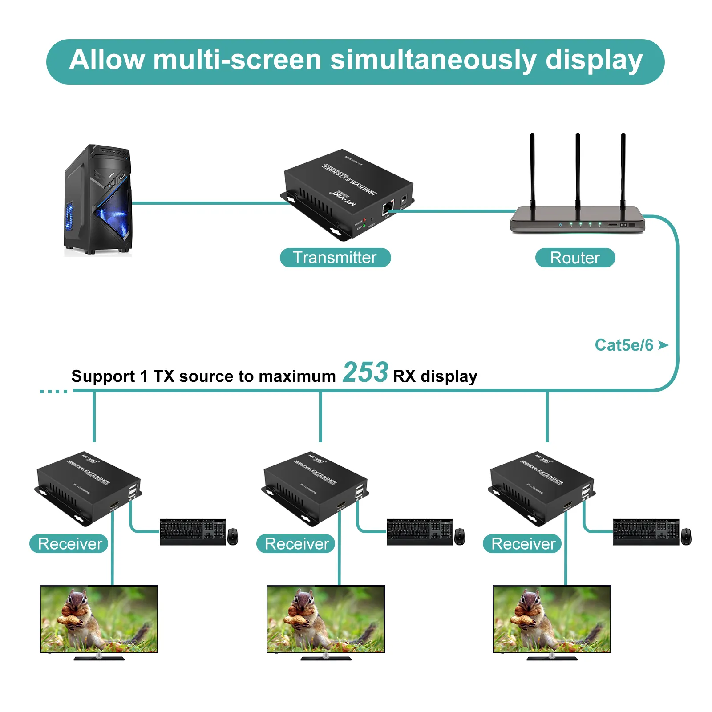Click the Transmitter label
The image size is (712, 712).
335,258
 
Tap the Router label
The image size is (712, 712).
574,258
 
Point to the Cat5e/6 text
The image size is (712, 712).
624,345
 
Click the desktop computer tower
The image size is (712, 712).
98,200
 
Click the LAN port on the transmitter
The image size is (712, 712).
388,207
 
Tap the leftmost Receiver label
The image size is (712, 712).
69,544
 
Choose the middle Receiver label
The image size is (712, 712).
296,544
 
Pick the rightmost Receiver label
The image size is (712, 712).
523,544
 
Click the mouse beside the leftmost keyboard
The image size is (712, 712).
233,536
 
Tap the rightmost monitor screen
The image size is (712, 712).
552,619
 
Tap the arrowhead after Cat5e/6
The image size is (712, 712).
663,345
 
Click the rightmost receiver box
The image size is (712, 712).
541,487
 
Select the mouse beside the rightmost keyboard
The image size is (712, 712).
686,536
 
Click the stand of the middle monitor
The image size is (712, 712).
326,657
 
